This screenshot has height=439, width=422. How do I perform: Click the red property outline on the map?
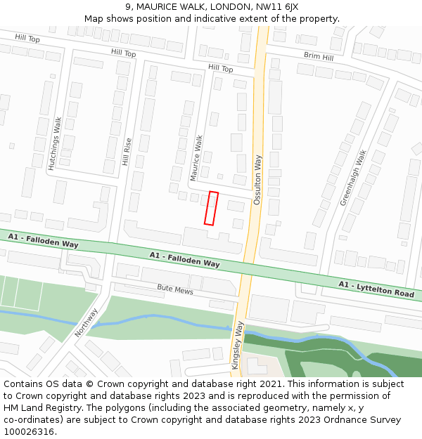point(211,208)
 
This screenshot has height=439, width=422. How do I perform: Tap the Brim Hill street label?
point(319,55)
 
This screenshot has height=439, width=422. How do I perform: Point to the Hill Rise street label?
point(127,151)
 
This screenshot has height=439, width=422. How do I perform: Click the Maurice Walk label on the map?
point(199,158)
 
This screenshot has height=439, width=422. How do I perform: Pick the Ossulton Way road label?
point(257,179)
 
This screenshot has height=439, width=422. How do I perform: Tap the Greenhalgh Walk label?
point(353,178)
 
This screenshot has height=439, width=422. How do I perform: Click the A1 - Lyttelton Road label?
point(376,289)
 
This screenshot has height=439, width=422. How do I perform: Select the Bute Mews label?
point(174,288)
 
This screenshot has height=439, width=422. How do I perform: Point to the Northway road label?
point(87,322)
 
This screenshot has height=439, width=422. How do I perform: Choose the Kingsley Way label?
point(239,341)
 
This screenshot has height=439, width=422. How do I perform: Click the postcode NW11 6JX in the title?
point(277,6)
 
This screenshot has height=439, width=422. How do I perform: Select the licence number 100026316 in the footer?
point(30,431)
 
